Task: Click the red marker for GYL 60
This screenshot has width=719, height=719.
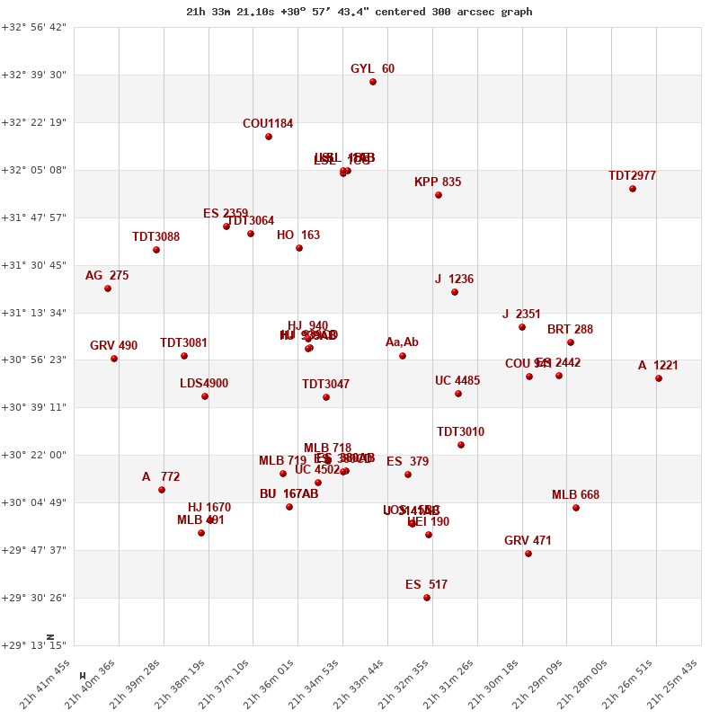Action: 373,82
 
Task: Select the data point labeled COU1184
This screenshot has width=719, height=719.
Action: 269,137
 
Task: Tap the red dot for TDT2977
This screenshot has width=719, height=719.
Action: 633,189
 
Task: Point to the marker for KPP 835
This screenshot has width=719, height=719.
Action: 439,195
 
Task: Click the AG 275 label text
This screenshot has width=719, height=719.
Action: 107,276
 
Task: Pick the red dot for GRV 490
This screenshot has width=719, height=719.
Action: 114,359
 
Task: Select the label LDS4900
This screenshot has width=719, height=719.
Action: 204,384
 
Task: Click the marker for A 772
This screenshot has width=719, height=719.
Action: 162,490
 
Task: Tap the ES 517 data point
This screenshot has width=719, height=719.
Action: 427,598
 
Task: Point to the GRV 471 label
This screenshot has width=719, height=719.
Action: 528,541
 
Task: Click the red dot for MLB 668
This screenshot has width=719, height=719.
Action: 576,508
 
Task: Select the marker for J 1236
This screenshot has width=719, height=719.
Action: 455,292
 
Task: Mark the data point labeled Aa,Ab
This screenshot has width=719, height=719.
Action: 403,356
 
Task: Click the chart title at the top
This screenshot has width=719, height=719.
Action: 359,12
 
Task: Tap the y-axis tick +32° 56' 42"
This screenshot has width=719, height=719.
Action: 34,27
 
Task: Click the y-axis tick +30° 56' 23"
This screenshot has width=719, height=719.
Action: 34,359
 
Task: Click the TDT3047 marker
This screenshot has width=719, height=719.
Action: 326,397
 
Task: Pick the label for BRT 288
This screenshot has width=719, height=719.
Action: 570,330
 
